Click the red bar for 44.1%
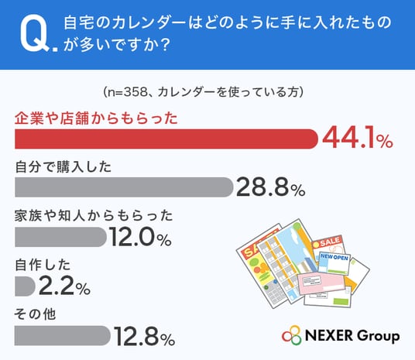click(x=166, y=139)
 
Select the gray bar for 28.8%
click(x=124, y=187)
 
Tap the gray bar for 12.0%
click(x=60, y=237)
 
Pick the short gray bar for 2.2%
click(x=25, y=286)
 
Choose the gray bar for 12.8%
click(x=63, y=336)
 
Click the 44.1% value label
click(x=358, y=139)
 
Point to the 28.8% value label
click(x=271, y=187)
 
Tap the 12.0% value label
click(x=141, y=237)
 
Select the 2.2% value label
click(x=64, y=286)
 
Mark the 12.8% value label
click(x=144, y=336)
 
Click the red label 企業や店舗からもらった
click(x=96, y=118)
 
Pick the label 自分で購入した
click(x=63, y=167)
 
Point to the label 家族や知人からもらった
click(x=94, y=216)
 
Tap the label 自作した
click(x=43, y=265)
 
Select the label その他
click(x=35, y=314)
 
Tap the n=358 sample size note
click(x=204, y=92)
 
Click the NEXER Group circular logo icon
click(x=292, y=336)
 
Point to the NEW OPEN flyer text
click(x=334, y=257)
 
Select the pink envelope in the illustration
click(x=321, y=283)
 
